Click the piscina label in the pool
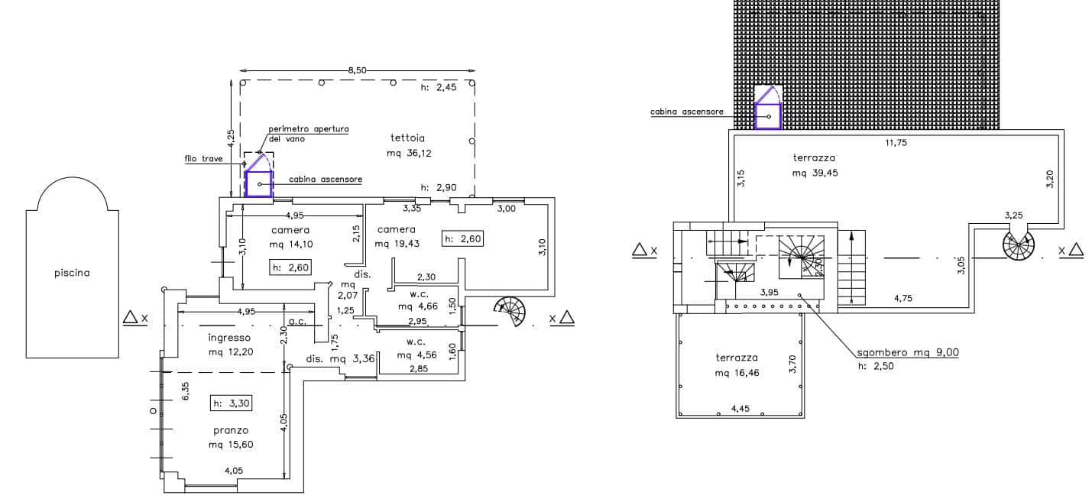click(72, 273)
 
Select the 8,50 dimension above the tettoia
click(358, 70)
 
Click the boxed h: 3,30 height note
click(231, 403)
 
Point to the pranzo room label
click(231, 430)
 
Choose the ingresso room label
click(229, 337)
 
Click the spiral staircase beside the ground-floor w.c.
click(510, 311)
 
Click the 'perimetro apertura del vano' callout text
click(308, 134)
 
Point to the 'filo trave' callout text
click(203, 158)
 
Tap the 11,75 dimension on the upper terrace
click(896, 142)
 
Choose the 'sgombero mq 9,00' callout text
click(908, 352)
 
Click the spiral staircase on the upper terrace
click(1019, 245)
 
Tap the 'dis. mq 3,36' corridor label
click(340, 358)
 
